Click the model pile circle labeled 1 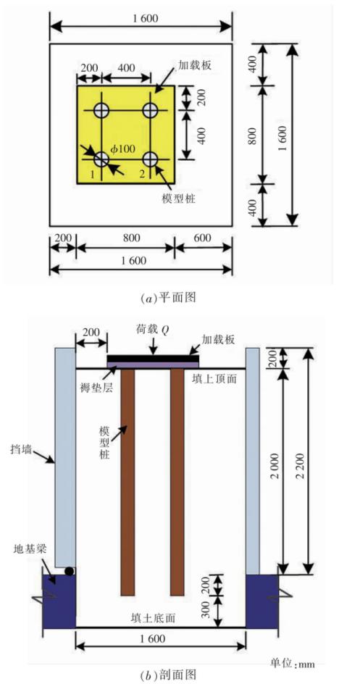[x=101, y=159]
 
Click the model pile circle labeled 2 [x=150, y=159]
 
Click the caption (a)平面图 [x=168, y=298]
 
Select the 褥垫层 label [x=96, y=388]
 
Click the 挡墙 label [x=22, y=449]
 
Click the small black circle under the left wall [x=69, y=570]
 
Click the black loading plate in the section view [x=154, y=358]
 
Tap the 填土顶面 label [x=214, y=379]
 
